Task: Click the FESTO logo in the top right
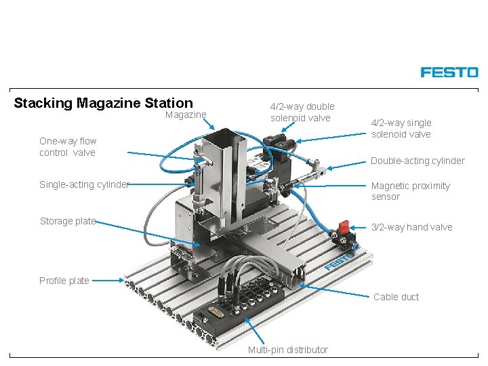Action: pos(449,72)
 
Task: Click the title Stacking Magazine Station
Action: pos(103,103)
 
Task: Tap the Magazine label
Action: pos(186,115)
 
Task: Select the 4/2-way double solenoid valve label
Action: pos(302,113)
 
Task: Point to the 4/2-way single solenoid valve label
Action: pos(401,128)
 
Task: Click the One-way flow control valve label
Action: pos(68,147)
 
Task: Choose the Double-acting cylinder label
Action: pos(417,161)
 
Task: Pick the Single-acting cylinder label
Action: pos(83,184)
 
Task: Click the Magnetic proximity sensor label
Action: pos(410,191)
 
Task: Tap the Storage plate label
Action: pos(67,221)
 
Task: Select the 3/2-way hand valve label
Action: pos(411,227)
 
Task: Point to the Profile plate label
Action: pos(64,281)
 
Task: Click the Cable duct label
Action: pos(396,297)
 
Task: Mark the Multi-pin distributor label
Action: pos(287,350)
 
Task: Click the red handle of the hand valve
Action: pos(344,226)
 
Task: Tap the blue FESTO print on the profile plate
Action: pos(339,262)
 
